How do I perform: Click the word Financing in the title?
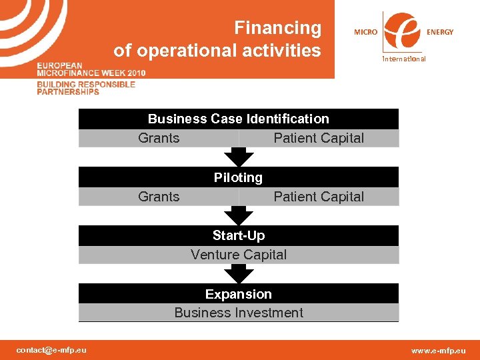point(277,28)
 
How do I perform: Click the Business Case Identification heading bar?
point(238,119)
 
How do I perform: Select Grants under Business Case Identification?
point(159,138)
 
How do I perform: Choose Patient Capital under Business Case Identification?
point(319,138)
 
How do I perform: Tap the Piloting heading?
point(238,177)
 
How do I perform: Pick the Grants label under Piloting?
point(159,197)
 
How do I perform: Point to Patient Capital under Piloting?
point(319,197)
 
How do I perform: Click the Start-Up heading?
point(238,235)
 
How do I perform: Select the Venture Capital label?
point(238,255)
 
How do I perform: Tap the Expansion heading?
point(238,294)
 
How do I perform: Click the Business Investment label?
point(238,313)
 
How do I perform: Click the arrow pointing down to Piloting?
point(239,157)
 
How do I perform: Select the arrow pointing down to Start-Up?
point(239,215)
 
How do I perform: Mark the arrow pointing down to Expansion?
point(239,273)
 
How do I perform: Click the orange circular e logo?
point(403,31)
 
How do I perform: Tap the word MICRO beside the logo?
point(365,32)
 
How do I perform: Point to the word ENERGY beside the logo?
point(440,32)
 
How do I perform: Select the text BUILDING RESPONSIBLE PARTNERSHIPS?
point(85,88)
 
